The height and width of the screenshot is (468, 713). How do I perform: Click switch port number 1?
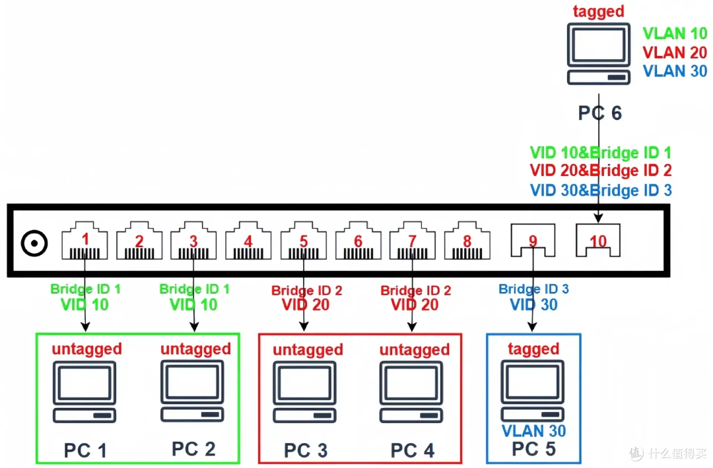click(85, 241)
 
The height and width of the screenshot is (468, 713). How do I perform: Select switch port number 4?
click(248, 241)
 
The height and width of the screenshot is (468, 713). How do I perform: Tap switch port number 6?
click(358, 241)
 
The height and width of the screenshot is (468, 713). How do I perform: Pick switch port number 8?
click(467, 241)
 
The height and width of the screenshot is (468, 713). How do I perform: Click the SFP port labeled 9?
click(533, 240)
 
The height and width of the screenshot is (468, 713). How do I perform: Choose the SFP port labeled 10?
click(598, 240)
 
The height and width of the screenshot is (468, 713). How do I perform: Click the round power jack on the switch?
click(34, 243)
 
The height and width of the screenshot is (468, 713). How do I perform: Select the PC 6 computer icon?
click(598, 53)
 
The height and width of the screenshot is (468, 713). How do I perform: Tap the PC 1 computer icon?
click(85, 392)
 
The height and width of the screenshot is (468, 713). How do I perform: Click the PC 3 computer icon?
click(304, 392)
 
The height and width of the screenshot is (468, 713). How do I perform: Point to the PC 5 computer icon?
click(533, 391)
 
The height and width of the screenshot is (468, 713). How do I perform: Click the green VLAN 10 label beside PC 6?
click(675, 34)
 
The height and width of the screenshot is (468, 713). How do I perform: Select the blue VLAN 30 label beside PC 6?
click(675, 71)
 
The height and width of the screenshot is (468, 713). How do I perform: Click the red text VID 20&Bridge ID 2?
click(601, 171)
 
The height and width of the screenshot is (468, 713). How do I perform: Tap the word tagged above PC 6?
click(598, 11)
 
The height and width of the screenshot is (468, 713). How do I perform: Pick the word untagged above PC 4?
click(415, 349)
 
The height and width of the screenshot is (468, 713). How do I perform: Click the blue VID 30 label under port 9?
click(533, 305)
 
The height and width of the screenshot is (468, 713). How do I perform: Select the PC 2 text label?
click(193, 449)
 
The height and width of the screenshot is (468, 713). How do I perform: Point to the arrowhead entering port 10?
click(598, 218)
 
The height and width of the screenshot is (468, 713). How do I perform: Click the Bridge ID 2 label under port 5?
click(306, 291)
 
